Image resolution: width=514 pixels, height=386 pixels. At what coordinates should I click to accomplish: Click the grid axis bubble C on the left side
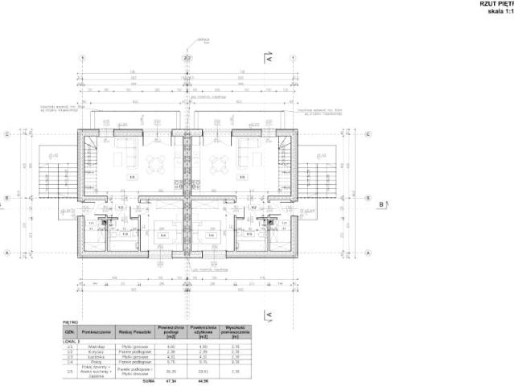[6, 134]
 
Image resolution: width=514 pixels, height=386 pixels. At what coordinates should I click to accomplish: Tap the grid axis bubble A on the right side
[368, 253]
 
